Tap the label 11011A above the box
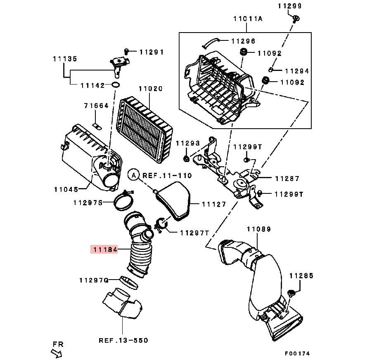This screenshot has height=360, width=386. click(x=248, y=18)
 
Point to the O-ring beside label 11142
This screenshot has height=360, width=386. click(x=116, y=85)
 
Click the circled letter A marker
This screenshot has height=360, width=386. click(x=133, y=175)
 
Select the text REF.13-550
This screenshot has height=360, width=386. click(x=123, y=340)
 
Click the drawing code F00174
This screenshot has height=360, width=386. click(x=297, y=353)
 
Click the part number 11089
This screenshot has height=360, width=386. click(x=258, y=229)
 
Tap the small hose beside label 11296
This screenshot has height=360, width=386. click(x=211, y=41)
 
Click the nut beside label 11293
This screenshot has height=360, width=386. click(x=186, y=158)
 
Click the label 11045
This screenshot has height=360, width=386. click(x=66, y=190)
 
